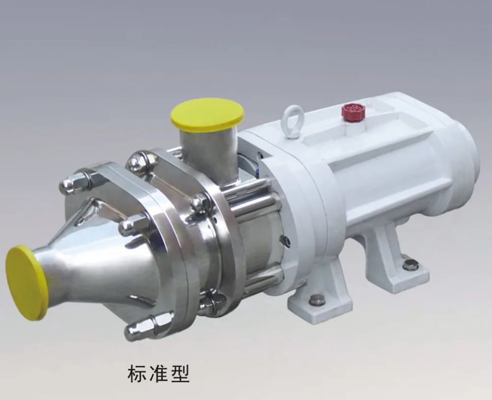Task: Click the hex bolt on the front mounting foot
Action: pos(317,299)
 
